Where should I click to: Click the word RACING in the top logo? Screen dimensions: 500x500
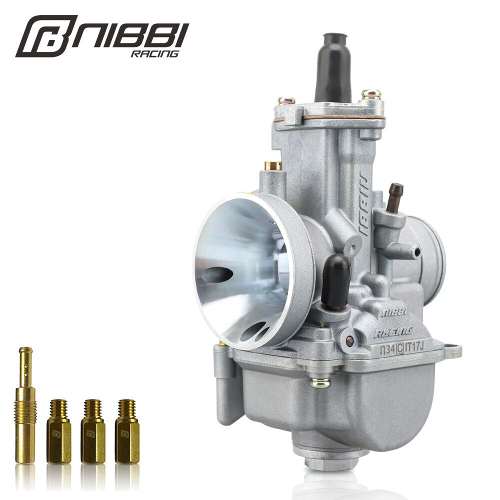click(x=154, y=53)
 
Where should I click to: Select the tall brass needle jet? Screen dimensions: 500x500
click(x=25, y=404)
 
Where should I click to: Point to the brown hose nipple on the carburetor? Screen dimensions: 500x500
click(x=394, y=196)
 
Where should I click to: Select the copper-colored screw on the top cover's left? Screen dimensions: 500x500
click(x=286, y=100)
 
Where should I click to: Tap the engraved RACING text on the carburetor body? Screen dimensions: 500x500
click(x=393, y=330)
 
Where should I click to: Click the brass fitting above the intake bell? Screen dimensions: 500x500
click(x=273, y=165)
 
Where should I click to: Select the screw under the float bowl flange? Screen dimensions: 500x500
click(x=320, y=383)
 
